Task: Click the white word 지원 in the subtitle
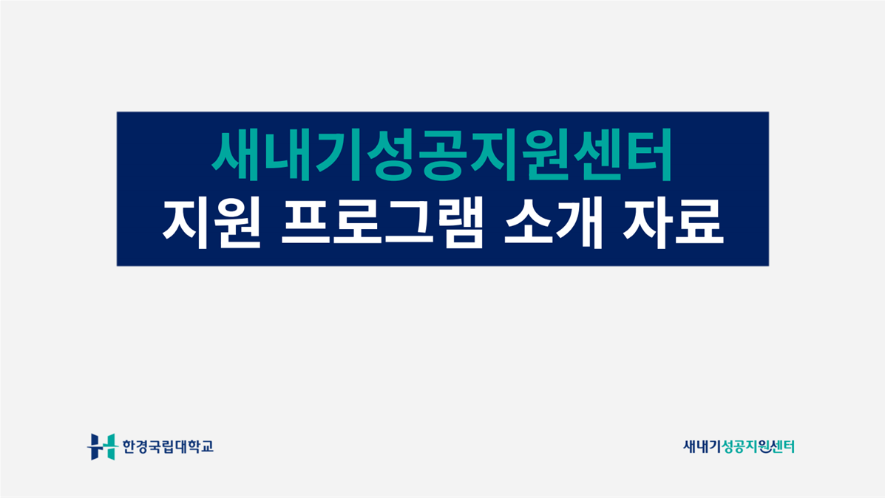pyautogui.click(x=211, y=223)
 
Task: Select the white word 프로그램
pyautogui.click(x=383, y=223)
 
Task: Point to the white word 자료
pyautogui.click(x=673, y=223)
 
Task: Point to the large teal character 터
pyautogui.click(x=648, y=154)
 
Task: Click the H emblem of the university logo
pyautogui.click(x=101, y=447)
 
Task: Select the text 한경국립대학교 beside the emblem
pyautogui.click(x=168, y=447)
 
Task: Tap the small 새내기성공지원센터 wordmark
pyautogui.click(x=739, y=447)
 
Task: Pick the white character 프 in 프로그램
pyautogui.click(x=306, y=223)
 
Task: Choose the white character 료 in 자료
pyautogui.click(x=699, y=223)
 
